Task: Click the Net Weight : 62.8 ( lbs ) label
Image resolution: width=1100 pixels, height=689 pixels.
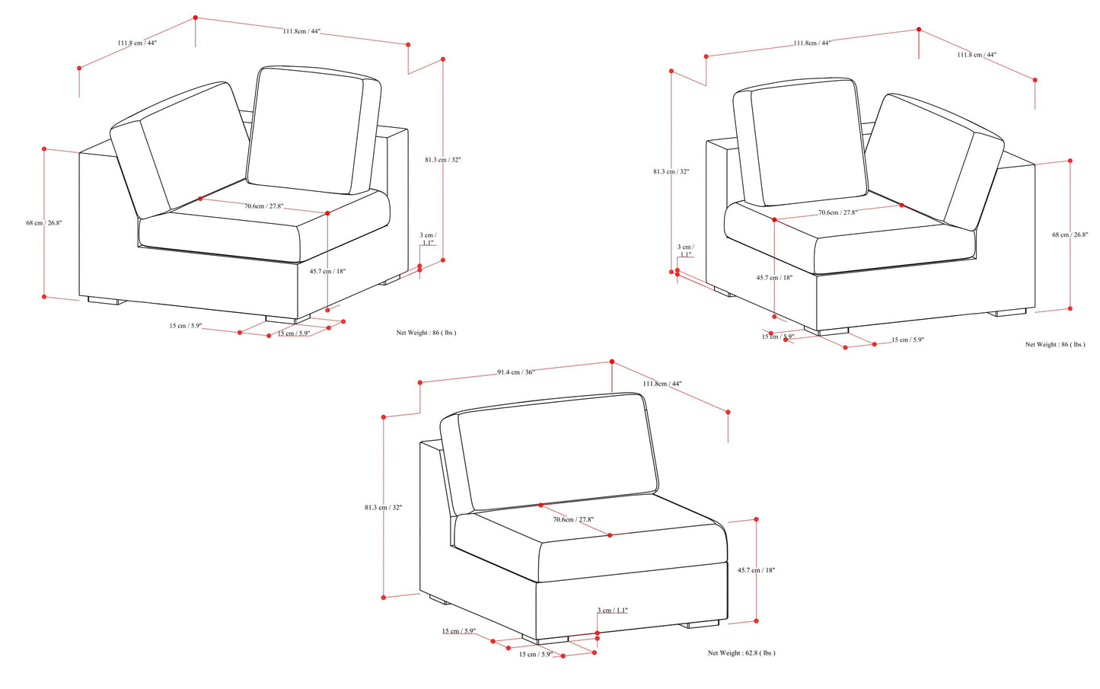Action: coord(741,652)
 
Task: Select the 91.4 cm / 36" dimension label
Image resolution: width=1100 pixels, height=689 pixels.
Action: coord(515,372)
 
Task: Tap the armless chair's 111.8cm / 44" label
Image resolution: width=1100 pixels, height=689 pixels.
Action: coord(662,384)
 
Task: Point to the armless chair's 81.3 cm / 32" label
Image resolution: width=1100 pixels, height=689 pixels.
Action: coord(383,507)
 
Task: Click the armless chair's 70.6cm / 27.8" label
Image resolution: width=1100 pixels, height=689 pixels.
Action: coord(573,519)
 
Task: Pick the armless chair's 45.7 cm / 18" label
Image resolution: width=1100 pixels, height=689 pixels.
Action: coord(756,570)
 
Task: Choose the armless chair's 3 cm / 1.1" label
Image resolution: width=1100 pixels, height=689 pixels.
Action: coord(612,611)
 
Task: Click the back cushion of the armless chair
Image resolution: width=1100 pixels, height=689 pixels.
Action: coord(557,451)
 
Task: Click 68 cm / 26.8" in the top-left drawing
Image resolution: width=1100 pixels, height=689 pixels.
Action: coord(44,222)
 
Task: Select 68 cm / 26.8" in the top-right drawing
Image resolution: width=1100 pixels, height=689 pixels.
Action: coord(1070,234)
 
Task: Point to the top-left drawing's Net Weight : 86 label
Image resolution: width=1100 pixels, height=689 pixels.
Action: coord(426,333)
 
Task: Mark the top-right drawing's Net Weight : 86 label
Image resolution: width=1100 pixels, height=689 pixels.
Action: coord(1055,344)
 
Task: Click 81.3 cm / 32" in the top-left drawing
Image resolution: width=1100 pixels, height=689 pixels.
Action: coord(443,160)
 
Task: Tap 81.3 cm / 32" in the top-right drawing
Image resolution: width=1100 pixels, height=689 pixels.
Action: coord(671,171)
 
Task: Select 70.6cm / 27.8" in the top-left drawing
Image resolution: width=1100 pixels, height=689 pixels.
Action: coord(264,206)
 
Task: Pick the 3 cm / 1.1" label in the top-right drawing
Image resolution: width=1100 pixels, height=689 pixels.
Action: coord(686,250)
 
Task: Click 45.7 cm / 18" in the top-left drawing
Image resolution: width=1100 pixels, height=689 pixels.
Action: coord(327,271)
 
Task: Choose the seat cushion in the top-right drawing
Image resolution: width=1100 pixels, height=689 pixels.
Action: coord(850,236)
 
